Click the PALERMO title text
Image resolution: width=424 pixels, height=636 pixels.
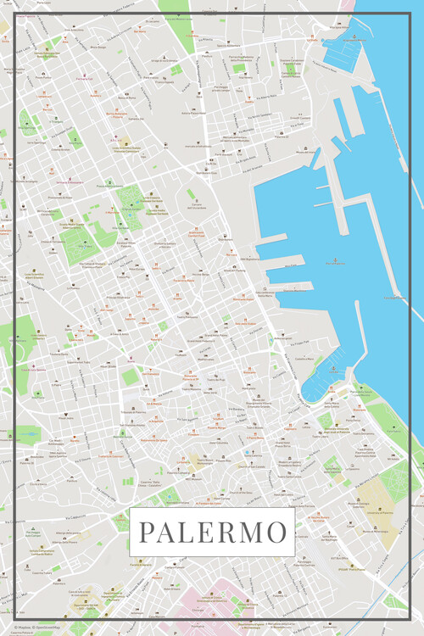212,532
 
